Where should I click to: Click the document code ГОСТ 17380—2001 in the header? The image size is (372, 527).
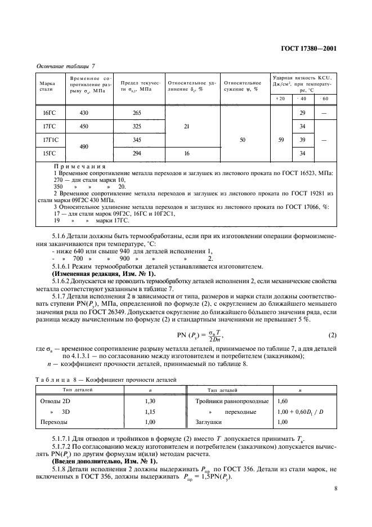coord(308,48)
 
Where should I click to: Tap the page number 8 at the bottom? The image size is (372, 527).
coord(335,489)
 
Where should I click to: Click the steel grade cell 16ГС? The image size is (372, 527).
coord(50,113)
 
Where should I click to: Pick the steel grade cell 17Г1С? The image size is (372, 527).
coord(50,139)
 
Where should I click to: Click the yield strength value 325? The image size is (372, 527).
coord(137,126)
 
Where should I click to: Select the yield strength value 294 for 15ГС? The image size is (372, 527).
coord(137,153)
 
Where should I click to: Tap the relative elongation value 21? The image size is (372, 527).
coord(186,126)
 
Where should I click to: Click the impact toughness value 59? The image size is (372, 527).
coord(280,139)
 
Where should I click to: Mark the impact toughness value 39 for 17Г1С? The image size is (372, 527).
coord(302,139)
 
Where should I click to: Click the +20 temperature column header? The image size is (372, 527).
coord(280,99)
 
